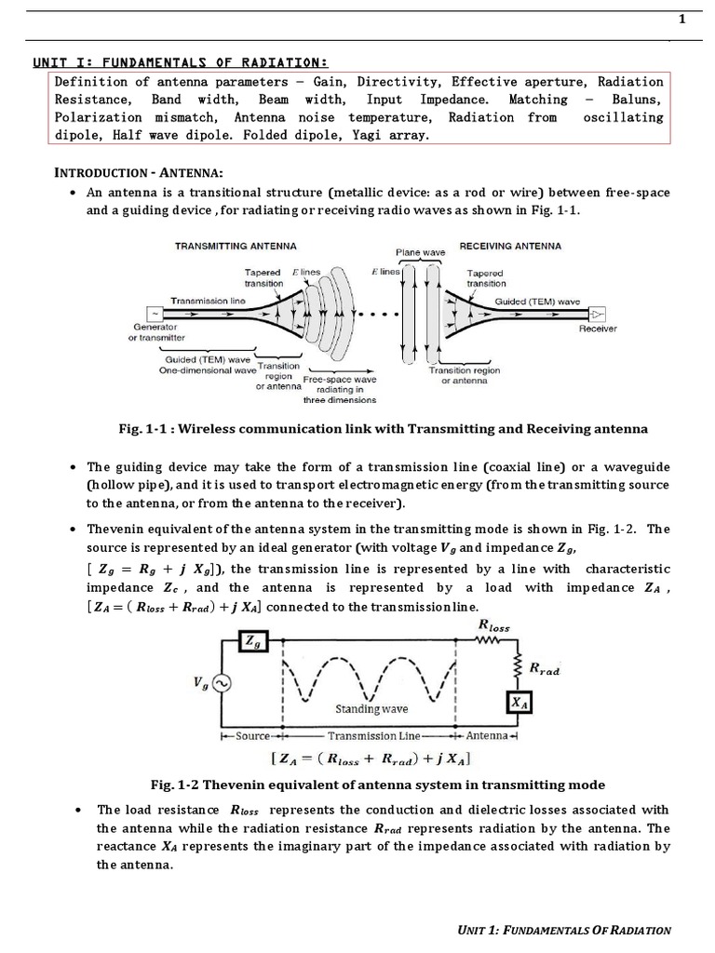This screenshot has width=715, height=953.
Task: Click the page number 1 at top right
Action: point(682,20)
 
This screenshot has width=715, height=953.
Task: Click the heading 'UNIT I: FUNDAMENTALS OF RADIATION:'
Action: point(180,62)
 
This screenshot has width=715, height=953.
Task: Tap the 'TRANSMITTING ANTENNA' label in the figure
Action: point(236,246)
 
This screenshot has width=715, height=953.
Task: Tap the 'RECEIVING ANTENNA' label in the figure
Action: point(511,246)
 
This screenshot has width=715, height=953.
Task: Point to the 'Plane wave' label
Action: point(421,252)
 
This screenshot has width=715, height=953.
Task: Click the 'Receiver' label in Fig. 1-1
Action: point(598,329)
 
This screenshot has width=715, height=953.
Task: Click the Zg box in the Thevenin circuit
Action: point(251,641)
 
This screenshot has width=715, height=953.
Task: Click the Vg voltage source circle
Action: point(223,684)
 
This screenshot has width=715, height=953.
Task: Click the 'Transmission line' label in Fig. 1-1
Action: point(207,302)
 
